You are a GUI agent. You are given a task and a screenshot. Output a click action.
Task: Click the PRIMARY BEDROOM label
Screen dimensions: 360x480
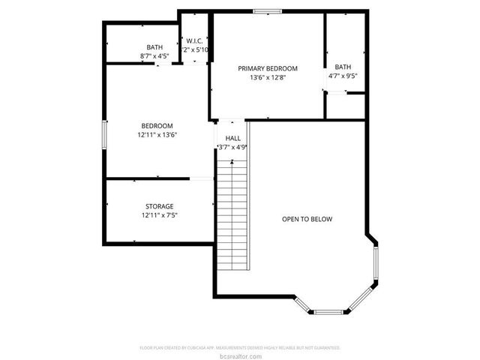pos(268,67)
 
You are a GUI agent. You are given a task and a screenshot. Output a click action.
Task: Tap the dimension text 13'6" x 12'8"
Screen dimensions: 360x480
pos(268,76)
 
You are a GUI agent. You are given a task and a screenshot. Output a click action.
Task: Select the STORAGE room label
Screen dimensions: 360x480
pos(159,206)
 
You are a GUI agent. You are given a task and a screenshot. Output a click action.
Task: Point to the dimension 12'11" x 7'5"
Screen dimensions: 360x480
pos(159,215)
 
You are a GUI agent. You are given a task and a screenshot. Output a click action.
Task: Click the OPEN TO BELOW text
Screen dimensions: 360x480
pos(307,219)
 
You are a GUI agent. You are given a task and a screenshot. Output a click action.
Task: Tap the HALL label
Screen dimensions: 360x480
pos(232,138)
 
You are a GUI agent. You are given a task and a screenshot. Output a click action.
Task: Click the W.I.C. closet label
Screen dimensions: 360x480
pos(196,40)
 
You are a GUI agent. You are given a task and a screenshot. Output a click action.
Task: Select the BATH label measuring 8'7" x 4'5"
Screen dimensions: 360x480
pos(154,47)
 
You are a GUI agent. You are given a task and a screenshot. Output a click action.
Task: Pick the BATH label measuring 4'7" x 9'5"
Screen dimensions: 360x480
pos(343,67)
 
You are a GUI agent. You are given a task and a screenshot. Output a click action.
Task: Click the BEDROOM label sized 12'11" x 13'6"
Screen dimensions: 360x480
pos(157,125)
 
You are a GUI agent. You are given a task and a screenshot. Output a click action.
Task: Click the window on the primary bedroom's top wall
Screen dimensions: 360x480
pos(266,10)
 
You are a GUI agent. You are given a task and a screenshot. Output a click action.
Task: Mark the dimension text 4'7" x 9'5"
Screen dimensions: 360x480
pos(343,76)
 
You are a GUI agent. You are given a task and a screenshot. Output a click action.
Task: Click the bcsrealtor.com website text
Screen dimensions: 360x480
pos(240,355)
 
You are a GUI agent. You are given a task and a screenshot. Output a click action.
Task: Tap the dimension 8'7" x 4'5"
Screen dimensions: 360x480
pos(154,56)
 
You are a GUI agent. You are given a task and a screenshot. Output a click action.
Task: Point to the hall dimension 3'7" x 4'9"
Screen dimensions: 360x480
pos(232,147)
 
